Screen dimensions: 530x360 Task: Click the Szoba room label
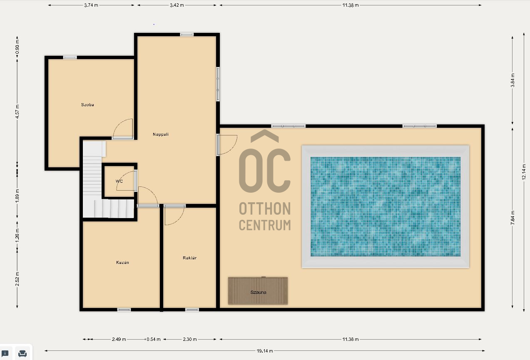(x=87, y=104)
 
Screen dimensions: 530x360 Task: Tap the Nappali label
(x=161, y=134)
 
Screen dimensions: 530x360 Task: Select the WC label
(x=119, y=181)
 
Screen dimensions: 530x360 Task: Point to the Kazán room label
(x=122, y=262)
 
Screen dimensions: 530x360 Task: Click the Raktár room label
(x=189, y=258)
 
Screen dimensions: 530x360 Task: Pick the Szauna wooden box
(x=258, y=290)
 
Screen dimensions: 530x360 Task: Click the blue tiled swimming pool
(x=386, y=206)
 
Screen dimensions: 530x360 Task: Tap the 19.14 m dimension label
(x=265, y=351)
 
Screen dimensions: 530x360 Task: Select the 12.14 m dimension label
(x=524, y=172)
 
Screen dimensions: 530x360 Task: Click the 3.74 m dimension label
(x=91, y=5)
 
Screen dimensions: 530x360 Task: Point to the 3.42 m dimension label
(x=177, y=5)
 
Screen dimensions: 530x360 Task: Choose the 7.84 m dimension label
(x=513, y=218)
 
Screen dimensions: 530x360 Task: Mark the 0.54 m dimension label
(x=154, y=339)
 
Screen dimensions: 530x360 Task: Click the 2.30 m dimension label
(x=190, y=339)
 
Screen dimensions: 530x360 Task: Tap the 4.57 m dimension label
(x=17, y=112)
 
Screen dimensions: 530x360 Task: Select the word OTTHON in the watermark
(x=265, y=209)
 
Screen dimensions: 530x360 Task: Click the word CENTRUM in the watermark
(x=265, y=225)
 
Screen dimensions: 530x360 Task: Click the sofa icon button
(x=22, y=354)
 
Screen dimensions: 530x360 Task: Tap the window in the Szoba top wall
(x=70, y=57)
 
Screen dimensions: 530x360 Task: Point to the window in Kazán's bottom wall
(x=124, y=310)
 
